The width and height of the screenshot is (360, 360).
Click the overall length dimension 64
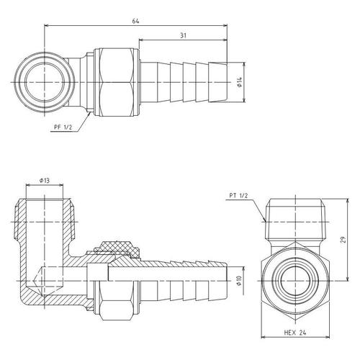click(135, 21)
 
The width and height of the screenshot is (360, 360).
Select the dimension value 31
click(183, 35)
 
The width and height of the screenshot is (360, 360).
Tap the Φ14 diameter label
click(240, 82)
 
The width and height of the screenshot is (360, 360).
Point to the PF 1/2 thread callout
click(63, 127)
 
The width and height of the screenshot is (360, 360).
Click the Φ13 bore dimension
click(45, 180)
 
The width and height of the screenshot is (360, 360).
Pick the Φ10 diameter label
click(239, 280)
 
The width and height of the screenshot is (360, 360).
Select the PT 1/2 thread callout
click(238, 196)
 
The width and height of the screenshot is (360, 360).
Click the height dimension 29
click(344, 240)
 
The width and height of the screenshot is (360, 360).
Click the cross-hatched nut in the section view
click(117, 250)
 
